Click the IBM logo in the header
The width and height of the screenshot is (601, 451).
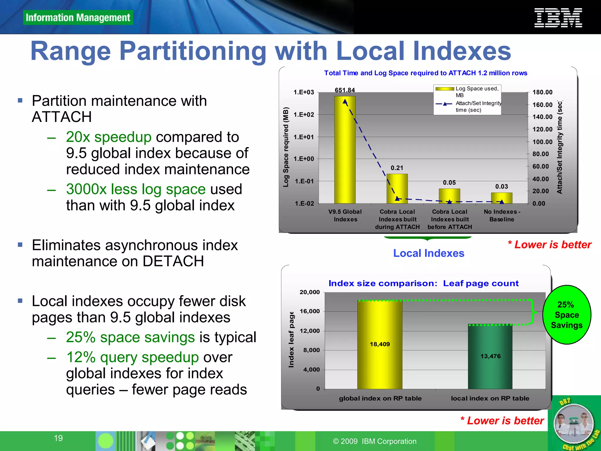(558, 18)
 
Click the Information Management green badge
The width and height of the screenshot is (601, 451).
(78, 18)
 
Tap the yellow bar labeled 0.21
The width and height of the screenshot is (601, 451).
(397, 188)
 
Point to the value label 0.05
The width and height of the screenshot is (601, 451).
(449, 183)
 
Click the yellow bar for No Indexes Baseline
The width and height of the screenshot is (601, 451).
(502, 198)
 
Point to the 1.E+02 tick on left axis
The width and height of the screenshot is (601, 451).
(304, 115)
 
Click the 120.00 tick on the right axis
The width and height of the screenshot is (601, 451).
(542, 129)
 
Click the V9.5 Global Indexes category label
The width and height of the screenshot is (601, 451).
(345, 215)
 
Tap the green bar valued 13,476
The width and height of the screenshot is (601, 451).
(490, 357)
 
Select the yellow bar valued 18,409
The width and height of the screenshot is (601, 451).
(380, 344)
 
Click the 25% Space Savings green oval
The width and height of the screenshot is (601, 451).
(566, 315)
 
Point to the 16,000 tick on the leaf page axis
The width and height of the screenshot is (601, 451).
(310, 311)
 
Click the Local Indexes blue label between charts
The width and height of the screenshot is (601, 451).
(428, 253)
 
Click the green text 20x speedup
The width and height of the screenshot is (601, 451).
(109, 137)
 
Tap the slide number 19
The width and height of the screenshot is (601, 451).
(58, 438)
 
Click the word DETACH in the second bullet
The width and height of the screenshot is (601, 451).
(173, 261)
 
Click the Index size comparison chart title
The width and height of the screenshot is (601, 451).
(423, 283)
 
